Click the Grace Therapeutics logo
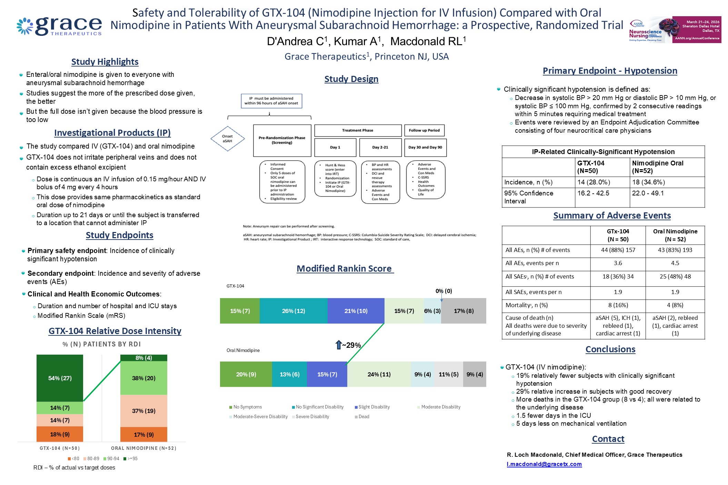59,26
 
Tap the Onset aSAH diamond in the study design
228,139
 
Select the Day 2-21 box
380,147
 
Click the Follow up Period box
424,130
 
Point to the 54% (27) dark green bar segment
60,378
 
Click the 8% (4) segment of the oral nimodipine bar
143,358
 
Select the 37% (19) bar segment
143,411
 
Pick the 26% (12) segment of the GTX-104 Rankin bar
293,311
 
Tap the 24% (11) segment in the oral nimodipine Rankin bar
379,374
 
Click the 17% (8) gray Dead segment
463,311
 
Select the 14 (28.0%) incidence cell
594,182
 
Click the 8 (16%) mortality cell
618,305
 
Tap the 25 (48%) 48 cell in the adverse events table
675,276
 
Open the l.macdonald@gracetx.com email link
544,464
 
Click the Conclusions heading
610,349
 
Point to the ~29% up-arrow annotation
348,345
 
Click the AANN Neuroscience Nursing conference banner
675,30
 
